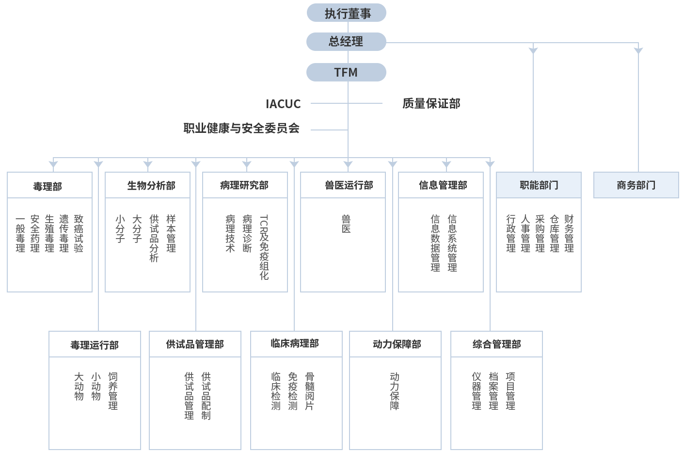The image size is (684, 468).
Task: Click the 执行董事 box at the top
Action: pos(347,13)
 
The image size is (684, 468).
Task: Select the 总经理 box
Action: pos(346,42)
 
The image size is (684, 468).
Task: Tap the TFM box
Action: pos(346,72)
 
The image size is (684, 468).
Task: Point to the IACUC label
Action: pos(284,104)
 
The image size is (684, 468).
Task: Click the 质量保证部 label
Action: pos(431,103)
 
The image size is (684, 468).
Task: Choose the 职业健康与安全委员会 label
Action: pos(241,128)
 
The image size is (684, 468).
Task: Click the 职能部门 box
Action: pos(539,185)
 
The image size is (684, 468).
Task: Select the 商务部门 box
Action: pos(636,185)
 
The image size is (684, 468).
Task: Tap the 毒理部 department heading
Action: pos(48,186)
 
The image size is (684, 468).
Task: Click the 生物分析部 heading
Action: pos(151,186)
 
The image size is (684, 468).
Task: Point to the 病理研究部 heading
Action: pos(244,185)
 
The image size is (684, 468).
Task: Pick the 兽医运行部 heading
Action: pos(349,185)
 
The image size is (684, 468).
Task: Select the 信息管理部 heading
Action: pos(443,185)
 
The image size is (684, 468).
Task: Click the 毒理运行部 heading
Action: pos(95,345)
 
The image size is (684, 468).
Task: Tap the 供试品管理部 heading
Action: pos(195,344)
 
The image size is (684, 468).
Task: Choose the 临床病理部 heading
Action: pos(295,343)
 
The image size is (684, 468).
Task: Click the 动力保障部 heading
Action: pos(397,344)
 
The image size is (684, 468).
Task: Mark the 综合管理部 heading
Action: pos(497,344)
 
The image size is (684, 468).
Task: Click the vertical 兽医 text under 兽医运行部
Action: pos(346,224)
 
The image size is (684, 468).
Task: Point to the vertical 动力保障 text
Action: pos(395,391)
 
